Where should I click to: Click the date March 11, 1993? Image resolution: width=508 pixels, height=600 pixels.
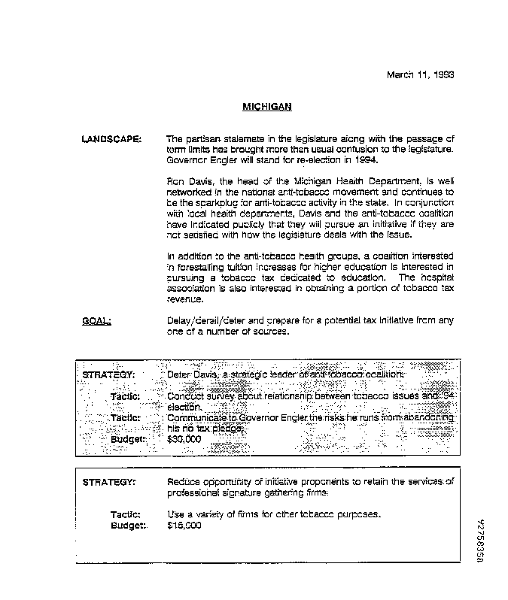(420, 74)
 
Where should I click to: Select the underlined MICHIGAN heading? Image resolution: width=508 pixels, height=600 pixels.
(266, 107)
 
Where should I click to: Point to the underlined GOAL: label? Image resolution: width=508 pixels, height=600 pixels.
(96, 321)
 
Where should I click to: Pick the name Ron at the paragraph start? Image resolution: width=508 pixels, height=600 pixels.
(176, 181)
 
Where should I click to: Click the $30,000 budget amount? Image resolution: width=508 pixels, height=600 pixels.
(184, 438)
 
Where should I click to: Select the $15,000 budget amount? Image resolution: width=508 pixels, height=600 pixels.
(184, 526)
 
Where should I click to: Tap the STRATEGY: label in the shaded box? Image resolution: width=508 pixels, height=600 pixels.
(108, 374)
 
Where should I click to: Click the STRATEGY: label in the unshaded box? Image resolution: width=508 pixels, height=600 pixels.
(108, 481)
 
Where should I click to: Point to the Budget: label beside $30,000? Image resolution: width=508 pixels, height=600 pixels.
(128, 438)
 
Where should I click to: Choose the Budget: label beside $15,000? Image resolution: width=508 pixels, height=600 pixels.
(128, 526)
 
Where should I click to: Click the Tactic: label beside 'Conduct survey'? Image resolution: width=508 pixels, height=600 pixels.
(126, 395)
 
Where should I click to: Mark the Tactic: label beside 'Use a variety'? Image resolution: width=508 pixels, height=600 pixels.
(126, 514)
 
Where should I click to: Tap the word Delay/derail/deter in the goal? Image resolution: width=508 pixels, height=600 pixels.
(205, 321)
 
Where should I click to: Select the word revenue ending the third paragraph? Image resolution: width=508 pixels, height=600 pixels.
(185, 298)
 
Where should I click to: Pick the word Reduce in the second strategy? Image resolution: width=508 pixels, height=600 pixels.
(182, 481)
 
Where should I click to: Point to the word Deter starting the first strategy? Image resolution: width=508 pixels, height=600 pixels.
(180, 374)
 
